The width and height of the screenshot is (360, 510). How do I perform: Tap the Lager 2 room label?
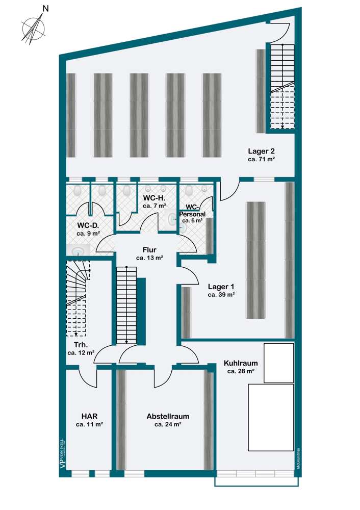261,151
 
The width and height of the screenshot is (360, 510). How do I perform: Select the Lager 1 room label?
221,287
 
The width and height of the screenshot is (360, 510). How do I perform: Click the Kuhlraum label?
241,363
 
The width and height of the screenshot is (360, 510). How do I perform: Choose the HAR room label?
89,415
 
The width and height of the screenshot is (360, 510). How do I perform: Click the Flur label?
149,250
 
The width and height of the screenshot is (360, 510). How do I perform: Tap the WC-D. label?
88,225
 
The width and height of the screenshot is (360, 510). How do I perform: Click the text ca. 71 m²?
261,160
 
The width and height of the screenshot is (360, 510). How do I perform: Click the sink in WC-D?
78,250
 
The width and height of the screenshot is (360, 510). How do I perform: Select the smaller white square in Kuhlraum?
278,363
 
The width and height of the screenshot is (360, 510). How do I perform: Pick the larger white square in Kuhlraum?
270,416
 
